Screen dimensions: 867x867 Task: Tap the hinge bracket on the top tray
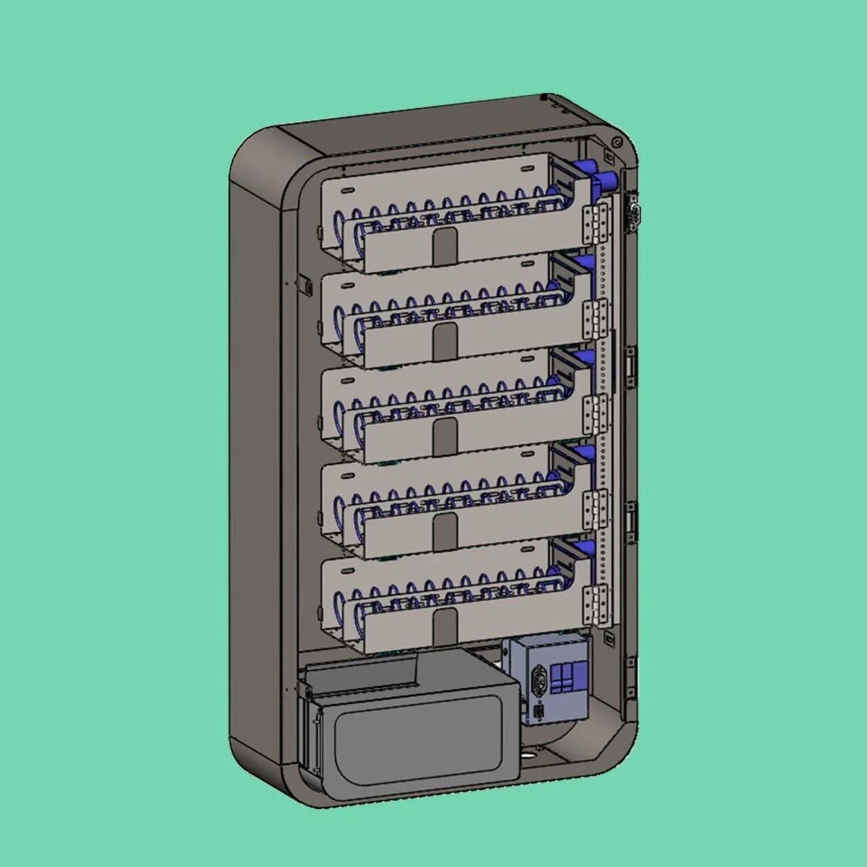pyautogui.click(x=597, y=224)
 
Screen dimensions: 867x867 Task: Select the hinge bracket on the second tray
pyautogui.click(x=597, y=318)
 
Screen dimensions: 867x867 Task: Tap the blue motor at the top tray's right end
pyautogui.click(x=603, y=180)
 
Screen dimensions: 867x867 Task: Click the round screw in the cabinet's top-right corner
pyautogui.click(x=616, y=142)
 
